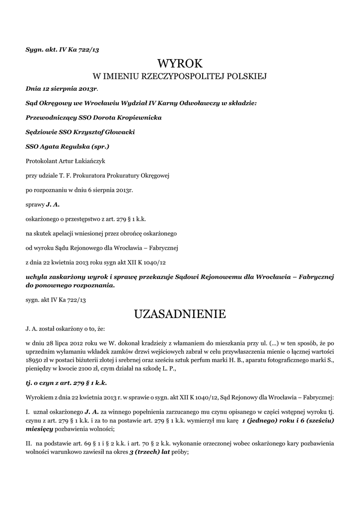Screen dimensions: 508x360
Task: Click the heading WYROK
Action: point(180,63)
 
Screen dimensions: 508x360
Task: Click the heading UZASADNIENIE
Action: point(180,314)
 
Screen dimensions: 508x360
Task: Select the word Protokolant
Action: point(42,161)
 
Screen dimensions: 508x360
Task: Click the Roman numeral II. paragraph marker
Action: point(28,443)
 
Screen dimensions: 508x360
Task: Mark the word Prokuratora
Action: point(96,175)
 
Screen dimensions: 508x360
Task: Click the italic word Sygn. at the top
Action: point(35,49)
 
